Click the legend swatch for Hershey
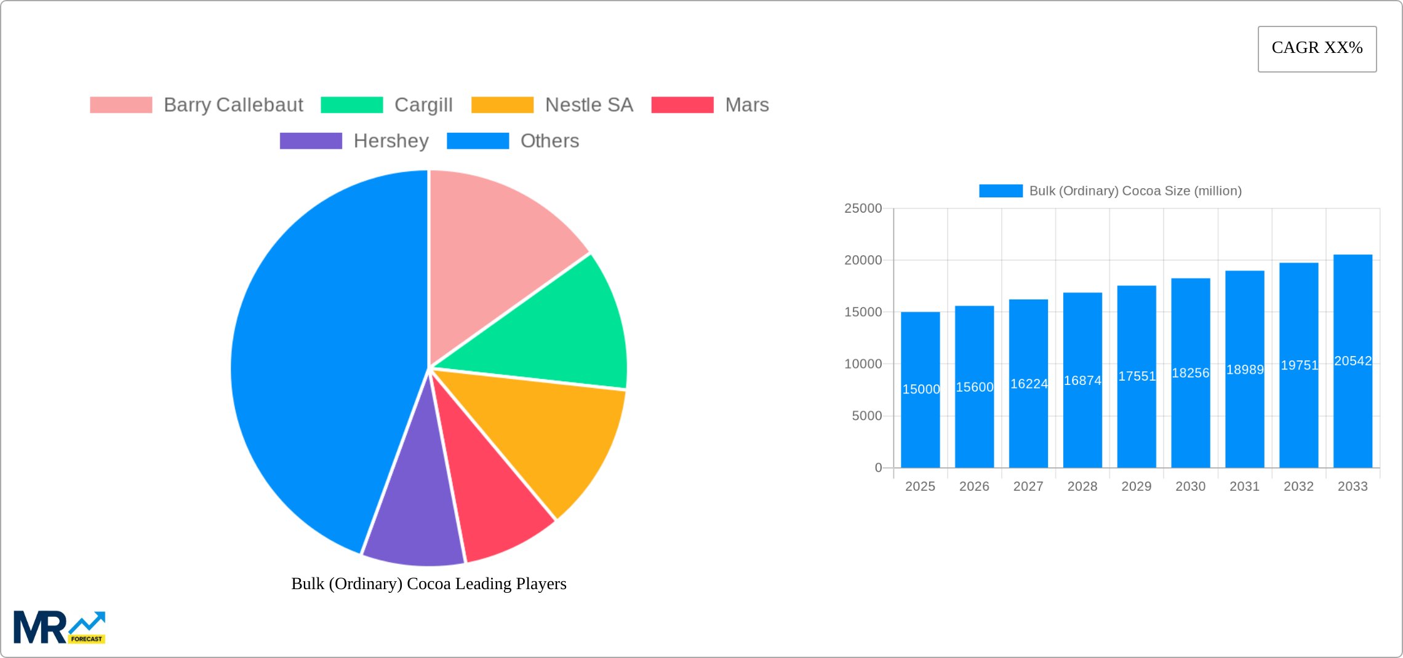[311, 141]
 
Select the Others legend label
[550, 141]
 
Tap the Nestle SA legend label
[589, 105]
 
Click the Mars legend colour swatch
[682, 105]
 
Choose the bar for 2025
[920, 418]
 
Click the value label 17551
[1137, 376]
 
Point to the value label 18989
[1245, 370]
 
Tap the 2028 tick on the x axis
[1082, 486]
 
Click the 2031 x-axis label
[1244, 486]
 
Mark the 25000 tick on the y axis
[863, 208]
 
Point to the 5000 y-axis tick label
[866, 416]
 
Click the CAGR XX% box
[1317, 49]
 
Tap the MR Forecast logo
[59, 627]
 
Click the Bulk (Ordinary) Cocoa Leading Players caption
[428, 584]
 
